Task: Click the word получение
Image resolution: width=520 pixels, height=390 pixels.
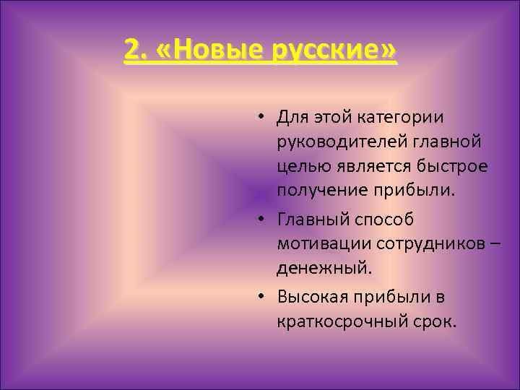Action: point(323,191)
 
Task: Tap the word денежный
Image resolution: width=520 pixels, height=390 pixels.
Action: point(323,269)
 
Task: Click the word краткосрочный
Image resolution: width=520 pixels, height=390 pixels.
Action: point(345,321)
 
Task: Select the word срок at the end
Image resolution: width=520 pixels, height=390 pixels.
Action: point(437,321)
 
